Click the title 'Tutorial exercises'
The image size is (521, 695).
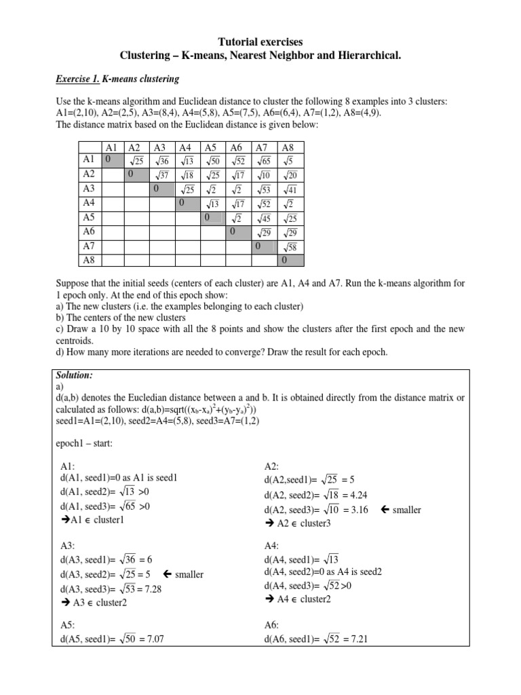(260, 42)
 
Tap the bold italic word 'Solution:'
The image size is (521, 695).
(75, 375)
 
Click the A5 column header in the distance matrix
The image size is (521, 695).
(211, 147)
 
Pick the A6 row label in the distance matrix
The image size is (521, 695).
(90, 231)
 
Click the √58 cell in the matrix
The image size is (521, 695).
(290, 246)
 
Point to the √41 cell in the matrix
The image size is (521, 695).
(290, 189)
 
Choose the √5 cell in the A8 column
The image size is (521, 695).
(290, 161)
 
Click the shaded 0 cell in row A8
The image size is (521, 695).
(290, 260)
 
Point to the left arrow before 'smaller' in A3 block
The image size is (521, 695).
(165, 574)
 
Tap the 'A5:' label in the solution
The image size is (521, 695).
(69, 624)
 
